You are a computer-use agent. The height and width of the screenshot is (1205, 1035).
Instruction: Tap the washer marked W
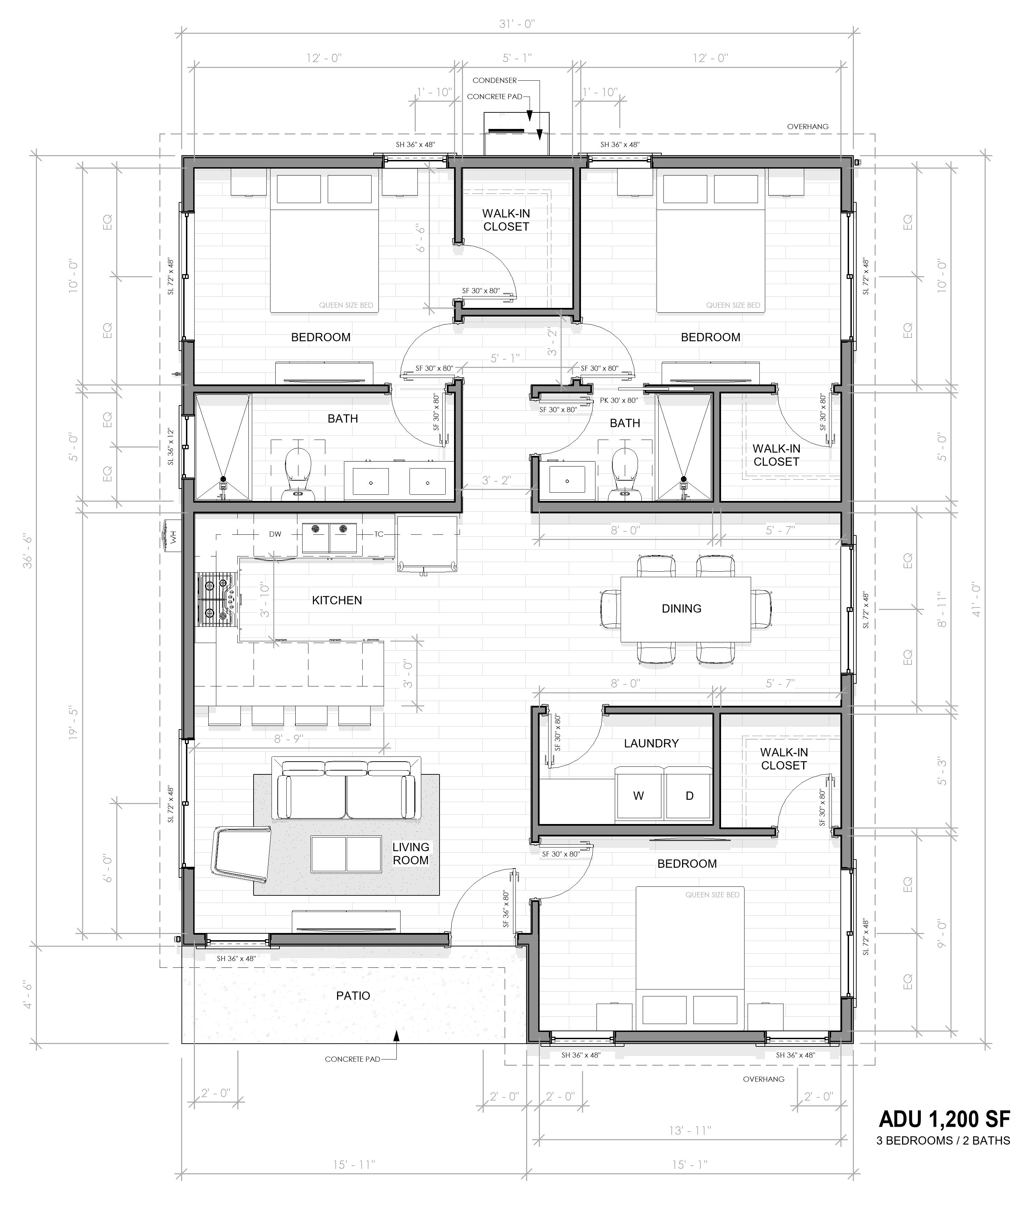[x=638, y=796]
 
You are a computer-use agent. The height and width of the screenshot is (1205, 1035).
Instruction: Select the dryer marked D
[x=689, y=796]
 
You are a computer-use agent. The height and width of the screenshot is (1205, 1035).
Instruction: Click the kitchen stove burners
[x=216, y=599]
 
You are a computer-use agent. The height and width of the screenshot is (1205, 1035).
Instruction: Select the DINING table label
[x=681, y=608]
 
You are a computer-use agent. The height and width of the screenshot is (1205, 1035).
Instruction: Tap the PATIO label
[x=353, y=996]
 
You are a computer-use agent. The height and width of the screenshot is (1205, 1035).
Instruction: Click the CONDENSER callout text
[x=494, y=80]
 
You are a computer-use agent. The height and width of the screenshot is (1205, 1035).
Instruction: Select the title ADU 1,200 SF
[x=944, y=1118]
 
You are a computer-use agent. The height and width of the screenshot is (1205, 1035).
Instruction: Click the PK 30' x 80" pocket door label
[x=619, y=400]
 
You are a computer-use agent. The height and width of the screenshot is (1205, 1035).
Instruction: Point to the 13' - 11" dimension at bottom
[x=690, y=1131]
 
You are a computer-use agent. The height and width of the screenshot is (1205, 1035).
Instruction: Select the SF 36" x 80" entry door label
[x=505, y=909]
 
